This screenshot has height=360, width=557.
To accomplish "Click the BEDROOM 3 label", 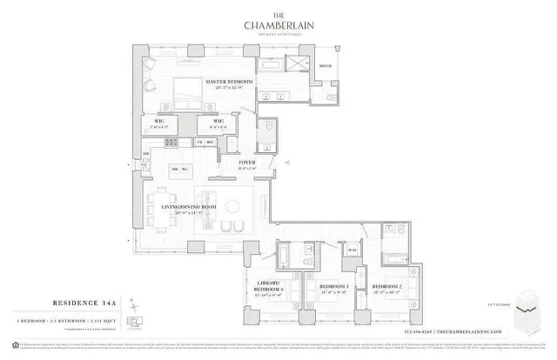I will click(x=334, y=286).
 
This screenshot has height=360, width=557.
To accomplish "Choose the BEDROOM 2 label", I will click(x=386, y=286).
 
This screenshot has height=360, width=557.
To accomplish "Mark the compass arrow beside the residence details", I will click(x=131, y=306).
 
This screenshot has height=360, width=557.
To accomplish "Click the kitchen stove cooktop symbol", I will click(x=172, y=142).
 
